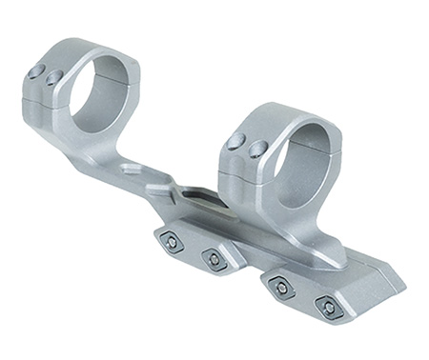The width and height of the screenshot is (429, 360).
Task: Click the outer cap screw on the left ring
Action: pyautogui.click(x=35, y=70)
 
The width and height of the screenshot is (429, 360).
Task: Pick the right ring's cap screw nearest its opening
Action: pyautogui.click(x=255, y=149)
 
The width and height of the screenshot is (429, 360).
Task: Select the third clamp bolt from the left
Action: pyautogui.click(x=280, y=284)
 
